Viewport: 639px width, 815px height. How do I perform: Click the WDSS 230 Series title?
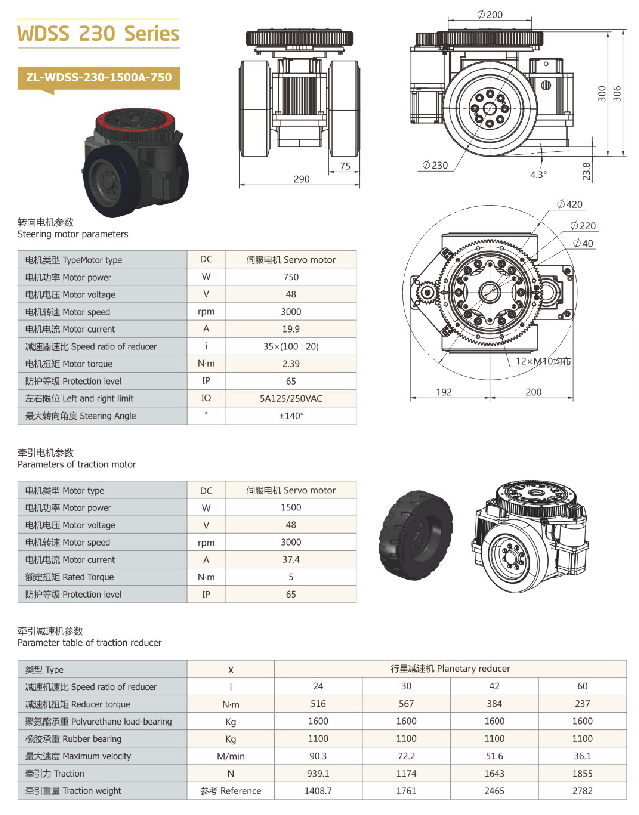98,34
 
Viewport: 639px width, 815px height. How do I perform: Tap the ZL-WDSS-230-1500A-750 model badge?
99,78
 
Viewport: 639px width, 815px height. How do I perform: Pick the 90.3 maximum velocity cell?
318,756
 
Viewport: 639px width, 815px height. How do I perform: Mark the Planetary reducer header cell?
450,669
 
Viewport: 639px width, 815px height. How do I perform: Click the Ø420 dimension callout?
570,204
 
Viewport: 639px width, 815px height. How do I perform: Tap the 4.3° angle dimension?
538,175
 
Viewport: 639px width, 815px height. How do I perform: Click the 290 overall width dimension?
301,179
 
